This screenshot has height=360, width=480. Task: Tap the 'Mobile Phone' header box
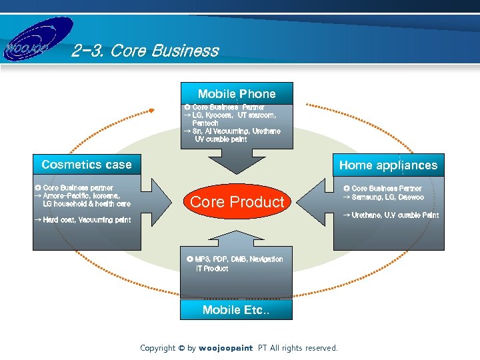pyautogui.click(x=237, y=94)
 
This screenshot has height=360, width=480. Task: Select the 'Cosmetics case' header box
pyautogui.click(x=87, y=165)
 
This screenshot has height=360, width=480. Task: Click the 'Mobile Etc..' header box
pyautogui.click(x=237, y=310)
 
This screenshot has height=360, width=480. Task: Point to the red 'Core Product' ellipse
pyautogui.click(x=237, y=202)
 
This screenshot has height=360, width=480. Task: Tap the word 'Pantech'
pyautogui.click(x=205, y=123)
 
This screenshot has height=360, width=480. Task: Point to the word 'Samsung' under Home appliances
pyautogui.click(x=366, y=198)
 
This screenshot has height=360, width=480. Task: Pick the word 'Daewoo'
pyautogui.click(x=411, y=198)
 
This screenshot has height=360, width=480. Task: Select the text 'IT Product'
pyautogui.click(x=212, y=269)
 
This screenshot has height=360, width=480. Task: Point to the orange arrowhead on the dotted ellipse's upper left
pyautogui.click(x=153, y=111)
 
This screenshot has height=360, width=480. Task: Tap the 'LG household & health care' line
pyautogui.click(x=87, y=204)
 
